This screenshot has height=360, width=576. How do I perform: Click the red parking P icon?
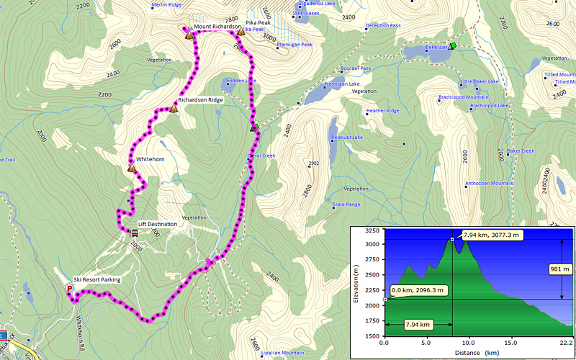click(x=70, y=289)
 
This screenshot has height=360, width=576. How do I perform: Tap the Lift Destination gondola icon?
click(x=135, y=233)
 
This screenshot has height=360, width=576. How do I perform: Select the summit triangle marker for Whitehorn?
click(x=132, y=168)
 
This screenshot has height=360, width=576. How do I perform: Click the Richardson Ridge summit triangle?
click(x=173, y=109)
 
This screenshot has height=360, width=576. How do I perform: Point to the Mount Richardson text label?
click(x=218, y=27)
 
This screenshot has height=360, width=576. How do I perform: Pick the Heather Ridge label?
click(x=382, y=111)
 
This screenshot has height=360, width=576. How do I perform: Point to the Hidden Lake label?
click(x=241, y=81)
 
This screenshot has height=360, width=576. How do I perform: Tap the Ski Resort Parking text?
click(x=97, y=279)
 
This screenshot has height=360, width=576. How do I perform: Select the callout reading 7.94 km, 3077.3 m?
click(x=492, y=235)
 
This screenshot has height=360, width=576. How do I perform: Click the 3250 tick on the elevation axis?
click(x=373, y=230)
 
